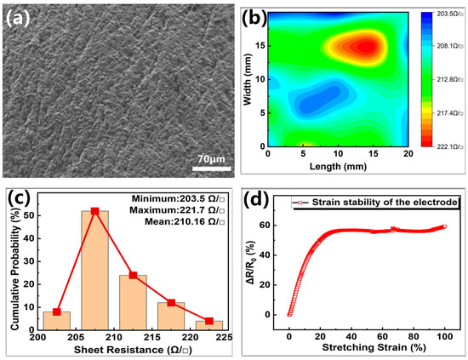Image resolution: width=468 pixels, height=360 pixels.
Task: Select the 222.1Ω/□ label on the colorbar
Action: [x=443, y=160]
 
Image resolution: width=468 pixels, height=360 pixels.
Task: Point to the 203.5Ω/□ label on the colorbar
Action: [x=443, y=14]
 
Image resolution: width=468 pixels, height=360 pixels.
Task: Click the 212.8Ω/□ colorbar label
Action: [x=443, y=87]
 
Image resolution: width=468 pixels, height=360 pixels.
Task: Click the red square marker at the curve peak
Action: [x=94, y=211]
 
